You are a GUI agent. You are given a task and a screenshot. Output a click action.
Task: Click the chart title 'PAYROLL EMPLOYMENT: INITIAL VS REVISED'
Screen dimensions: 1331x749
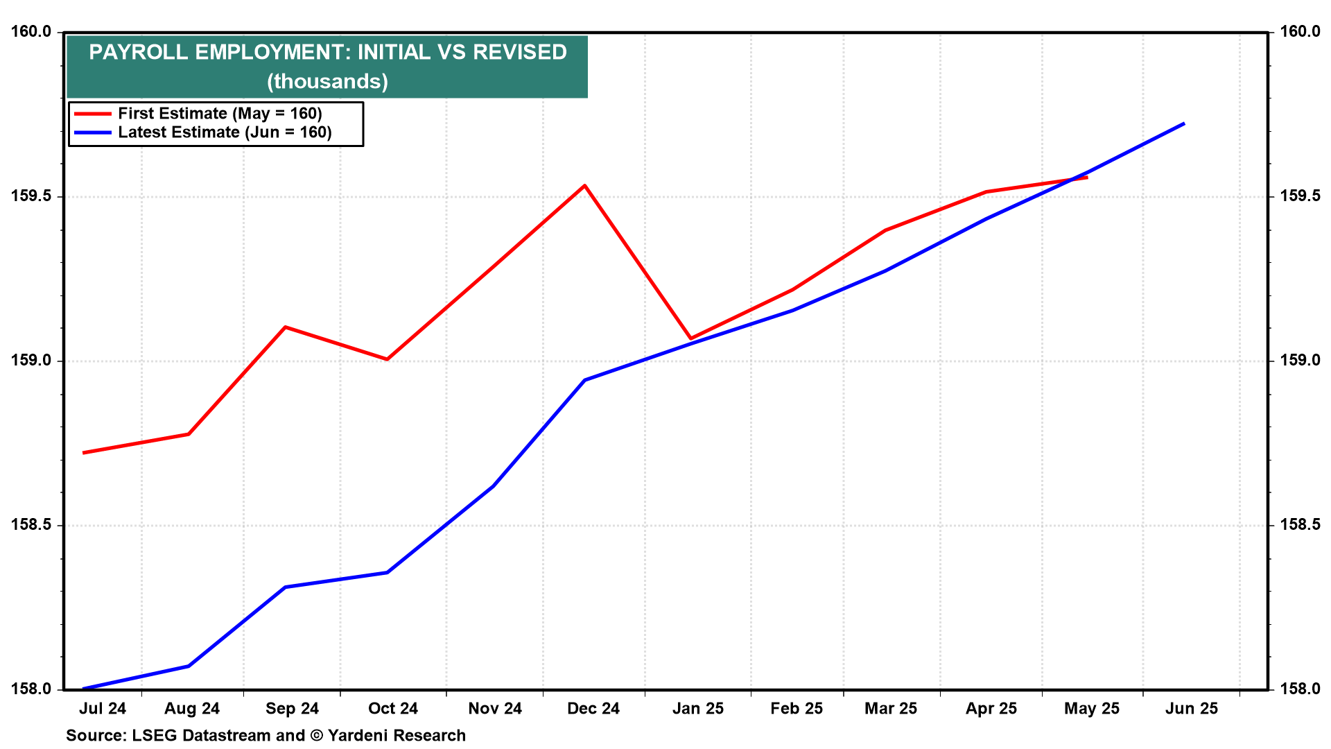pos(328,52)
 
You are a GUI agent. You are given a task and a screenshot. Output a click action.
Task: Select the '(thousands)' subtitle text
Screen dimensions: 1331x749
pos(327,81)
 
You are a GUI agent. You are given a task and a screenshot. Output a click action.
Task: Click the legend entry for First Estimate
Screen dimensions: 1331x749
pos(198,113)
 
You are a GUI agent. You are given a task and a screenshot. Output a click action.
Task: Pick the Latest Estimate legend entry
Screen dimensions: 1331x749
pos(203,132)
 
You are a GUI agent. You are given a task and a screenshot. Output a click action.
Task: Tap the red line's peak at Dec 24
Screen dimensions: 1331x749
pos(585,185)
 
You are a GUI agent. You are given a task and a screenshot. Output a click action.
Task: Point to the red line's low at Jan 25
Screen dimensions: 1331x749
pos(690,338)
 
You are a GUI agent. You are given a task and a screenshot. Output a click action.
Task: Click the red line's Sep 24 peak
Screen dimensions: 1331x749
pos(285,327)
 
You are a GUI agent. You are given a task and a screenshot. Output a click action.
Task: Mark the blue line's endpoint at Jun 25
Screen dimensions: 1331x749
pos(1184,123)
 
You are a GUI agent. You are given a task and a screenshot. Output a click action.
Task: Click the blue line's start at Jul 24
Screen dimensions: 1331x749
pos(83,689)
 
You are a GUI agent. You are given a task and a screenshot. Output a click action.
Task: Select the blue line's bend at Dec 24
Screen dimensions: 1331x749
pos(585,380)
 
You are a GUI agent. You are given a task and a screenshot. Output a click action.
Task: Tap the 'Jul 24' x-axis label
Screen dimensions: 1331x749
pos(103,708)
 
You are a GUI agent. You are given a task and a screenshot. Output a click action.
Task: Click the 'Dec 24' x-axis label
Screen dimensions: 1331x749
pos(593,708)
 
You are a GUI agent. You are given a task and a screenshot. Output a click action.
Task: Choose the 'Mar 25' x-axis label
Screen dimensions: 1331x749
pos(891,708)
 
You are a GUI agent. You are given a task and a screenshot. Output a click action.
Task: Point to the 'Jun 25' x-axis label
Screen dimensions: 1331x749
pos(1192,708)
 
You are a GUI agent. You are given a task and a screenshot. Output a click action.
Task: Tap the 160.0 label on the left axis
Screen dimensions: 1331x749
pos(31,32)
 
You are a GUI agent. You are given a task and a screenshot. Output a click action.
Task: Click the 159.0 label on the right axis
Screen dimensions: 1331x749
pos(1300,361)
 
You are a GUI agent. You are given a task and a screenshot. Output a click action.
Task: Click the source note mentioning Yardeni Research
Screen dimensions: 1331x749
pos(266,735)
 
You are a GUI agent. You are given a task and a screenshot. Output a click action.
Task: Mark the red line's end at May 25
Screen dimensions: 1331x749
pos(1087,178)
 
